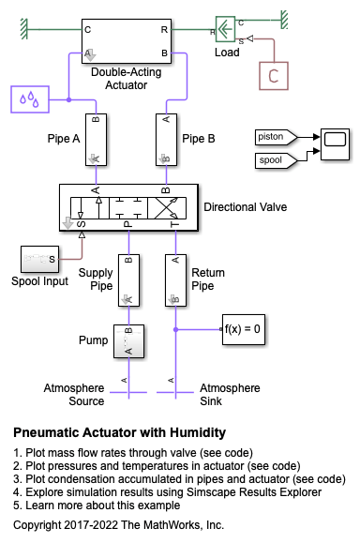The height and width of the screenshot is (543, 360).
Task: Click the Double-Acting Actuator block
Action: (127, 41)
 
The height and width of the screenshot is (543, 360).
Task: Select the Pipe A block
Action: (96, 140)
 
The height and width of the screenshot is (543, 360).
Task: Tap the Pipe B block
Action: (167, 140)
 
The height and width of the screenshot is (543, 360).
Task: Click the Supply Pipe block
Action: (128, 280)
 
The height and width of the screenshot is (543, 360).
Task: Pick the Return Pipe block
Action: (175, 280)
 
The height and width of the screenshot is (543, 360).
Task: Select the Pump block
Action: (128, 341)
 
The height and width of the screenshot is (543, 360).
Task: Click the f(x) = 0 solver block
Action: (244, 329)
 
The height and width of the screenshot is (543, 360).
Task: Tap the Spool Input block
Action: (39, 259)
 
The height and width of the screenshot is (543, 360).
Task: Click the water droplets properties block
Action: (30, 99)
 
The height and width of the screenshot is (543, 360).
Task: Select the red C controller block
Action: (274, 76)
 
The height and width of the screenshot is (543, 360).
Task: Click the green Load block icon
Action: (225, 29)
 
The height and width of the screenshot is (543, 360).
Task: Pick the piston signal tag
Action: (276, 137)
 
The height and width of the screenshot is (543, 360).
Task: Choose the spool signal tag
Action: (276, 160)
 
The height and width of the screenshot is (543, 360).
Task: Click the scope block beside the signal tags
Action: (335, 144)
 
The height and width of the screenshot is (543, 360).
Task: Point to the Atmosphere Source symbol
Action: (128, 392)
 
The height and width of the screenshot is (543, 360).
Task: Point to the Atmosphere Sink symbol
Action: (175, 392)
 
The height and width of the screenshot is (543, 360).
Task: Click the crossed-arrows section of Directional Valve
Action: (167, 208)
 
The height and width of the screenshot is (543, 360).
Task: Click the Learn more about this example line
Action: (97, 505)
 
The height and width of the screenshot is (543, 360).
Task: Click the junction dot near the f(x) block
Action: (176, 329)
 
